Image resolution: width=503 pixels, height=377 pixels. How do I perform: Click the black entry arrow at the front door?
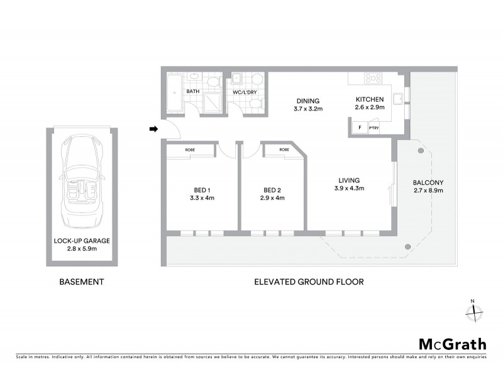[153, 129]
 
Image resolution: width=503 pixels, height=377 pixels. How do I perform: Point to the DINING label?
[307, 101]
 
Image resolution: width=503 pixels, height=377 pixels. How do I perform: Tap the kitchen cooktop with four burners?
[373, 79]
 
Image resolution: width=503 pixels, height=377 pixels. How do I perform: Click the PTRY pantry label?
[373, 128]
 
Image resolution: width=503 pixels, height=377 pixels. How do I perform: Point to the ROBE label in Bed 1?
[189, 150]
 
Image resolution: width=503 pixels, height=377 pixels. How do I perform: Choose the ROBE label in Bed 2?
[284, 150]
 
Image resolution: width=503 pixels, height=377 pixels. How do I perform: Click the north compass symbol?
[473, 310]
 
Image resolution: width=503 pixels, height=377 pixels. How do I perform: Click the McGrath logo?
[452, 344]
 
